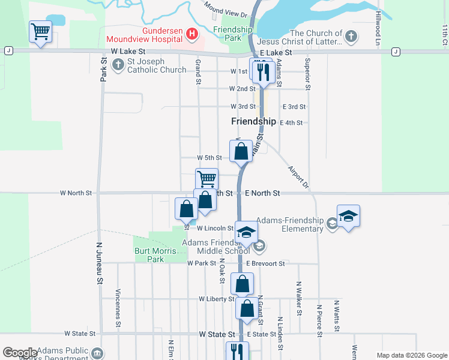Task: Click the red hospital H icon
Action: coord(191,34)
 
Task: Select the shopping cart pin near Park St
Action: coord(40,31)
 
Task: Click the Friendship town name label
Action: coord(253,121)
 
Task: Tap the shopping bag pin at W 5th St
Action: coord(241,151)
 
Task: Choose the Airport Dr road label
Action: coord(297,177)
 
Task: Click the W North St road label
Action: coord(76,193)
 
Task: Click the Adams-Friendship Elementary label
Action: coord(290,224)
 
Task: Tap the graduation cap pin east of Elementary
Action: coord(348,217)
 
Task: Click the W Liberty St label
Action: coord(217,299)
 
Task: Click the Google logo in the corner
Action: coord(20,353)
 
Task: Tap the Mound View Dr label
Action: coord(226,9)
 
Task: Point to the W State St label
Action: coord(80,334)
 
